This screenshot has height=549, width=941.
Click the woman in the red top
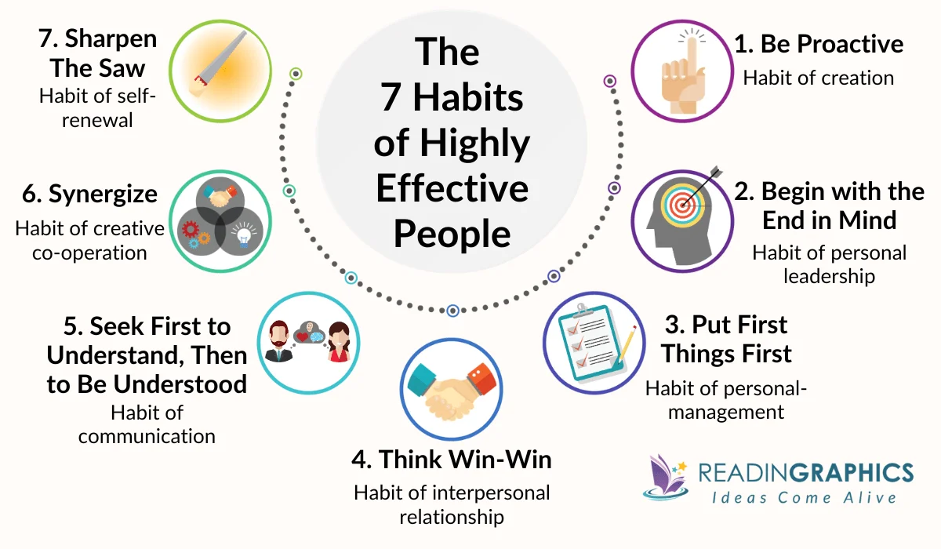pos(338,342)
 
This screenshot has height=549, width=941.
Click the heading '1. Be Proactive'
pos(819,44)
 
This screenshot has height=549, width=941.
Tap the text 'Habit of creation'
pos(819,78)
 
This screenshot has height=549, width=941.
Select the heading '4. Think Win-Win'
pos(452,460)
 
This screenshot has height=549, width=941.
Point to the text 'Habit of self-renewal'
pos(86,108)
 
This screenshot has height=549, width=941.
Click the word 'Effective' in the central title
pos(452,188)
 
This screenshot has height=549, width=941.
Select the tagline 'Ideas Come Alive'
pos(804,497)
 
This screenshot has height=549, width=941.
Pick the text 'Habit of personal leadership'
pos(829,264)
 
